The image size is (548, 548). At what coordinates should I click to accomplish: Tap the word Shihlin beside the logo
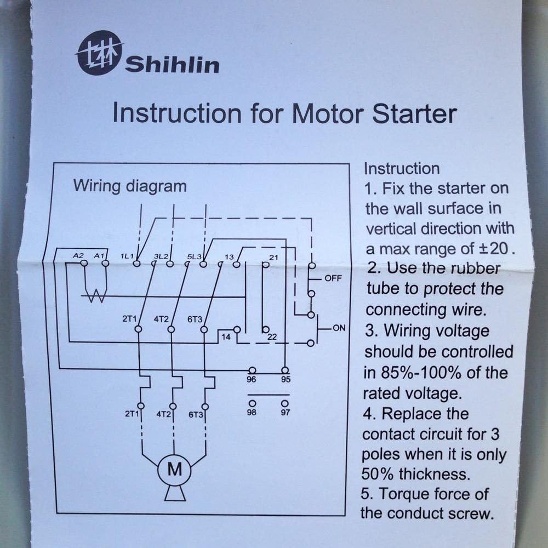172,65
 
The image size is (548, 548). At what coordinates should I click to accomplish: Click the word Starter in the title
414,114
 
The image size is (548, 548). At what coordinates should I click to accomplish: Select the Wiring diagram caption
130,186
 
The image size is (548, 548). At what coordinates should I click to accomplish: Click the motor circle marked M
174,470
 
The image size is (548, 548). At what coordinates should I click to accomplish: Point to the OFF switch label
333,278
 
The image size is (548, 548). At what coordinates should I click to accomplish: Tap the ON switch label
339,328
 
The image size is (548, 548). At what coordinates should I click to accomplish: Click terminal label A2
78,256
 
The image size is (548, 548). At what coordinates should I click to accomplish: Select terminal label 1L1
127,256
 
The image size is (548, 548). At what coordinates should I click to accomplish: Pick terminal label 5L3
195,256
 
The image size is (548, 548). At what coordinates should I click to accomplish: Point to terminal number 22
272,337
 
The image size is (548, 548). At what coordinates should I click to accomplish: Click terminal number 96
252,379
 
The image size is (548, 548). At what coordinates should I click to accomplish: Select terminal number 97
285,413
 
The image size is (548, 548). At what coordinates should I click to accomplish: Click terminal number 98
252,413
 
